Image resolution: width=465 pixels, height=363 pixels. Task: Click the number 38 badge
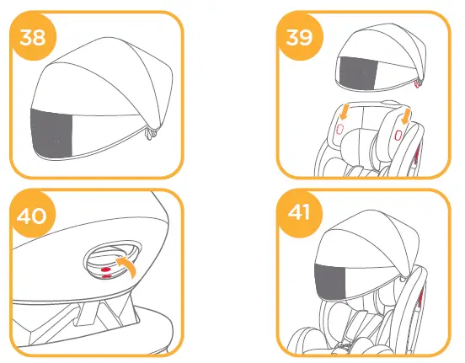coord(33,39)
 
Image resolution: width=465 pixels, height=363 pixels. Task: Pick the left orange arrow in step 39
coord(345,110)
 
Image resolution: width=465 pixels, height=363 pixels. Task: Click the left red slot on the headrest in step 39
coord(339,128)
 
